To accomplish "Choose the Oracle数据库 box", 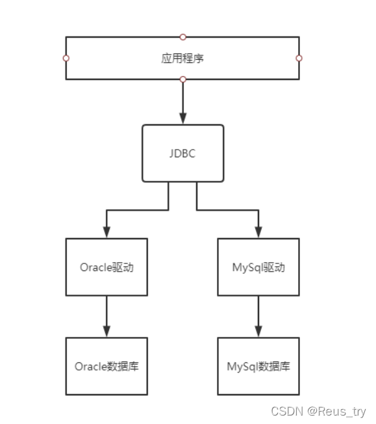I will click(107, 366).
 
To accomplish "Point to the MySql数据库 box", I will click(258, 366).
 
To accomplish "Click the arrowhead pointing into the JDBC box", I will click(182, 118).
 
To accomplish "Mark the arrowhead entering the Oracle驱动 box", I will click(107, 232).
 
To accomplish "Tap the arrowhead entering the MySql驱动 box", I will click(258, 232).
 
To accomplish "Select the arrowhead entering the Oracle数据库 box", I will click(107, 331).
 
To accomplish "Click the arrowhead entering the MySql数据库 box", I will click(258, 331).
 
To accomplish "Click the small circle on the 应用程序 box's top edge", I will click(182, 36).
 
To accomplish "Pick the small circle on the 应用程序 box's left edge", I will click(66, 58).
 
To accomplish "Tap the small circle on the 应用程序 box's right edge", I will click(299, 58).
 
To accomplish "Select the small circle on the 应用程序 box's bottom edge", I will click(182, 79).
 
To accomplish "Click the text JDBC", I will click(182, 153).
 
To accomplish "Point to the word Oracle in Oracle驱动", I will click(95, 267).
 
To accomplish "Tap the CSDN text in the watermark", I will click(284, 412).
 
